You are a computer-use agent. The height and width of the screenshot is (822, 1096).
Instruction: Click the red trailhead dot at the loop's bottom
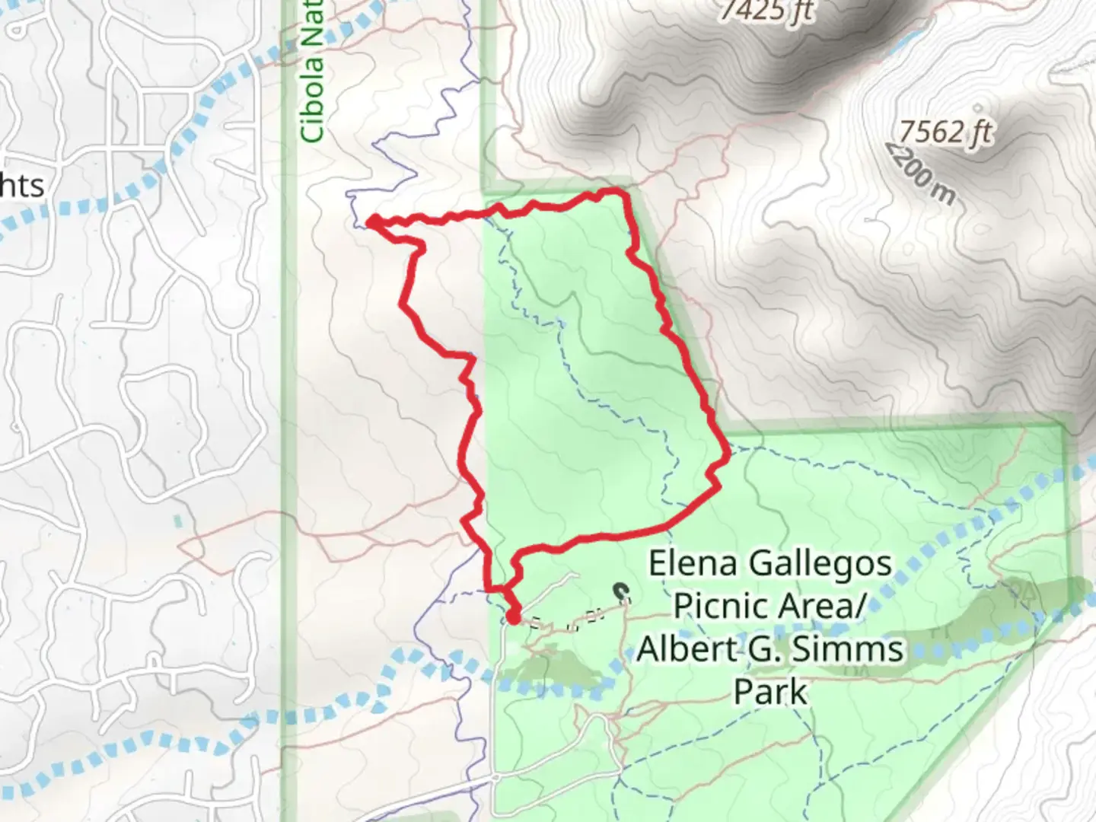[x=513, y=616]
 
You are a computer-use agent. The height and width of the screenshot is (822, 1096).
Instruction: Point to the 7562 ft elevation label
[x=946, y=132]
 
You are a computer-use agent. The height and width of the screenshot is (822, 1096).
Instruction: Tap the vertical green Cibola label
[x=313, y=72]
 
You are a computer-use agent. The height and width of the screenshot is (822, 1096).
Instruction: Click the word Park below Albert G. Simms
[x=770, y=691]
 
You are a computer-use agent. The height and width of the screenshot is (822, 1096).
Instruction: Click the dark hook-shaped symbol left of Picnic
[x=622, y=591]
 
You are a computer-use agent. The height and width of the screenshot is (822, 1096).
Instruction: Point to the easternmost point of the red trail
[x=728, y=454]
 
